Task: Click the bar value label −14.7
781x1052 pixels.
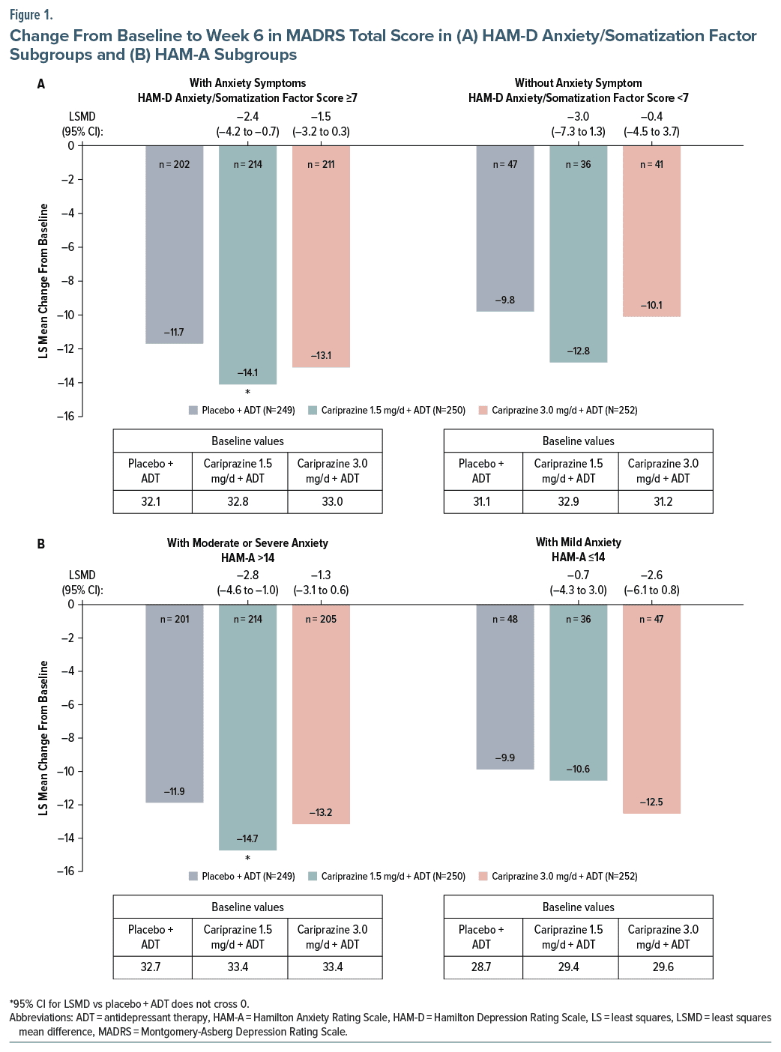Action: point(247,838)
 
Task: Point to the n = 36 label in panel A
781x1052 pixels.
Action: point(578,165)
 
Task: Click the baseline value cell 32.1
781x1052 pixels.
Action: point(151,501)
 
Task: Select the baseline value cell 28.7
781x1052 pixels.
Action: point(481,967)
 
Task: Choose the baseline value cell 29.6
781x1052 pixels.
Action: point(663,967)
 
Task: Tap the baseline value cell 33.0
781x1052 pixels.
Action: point(332,501)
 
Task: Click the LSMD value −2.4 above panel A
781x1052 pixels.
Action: point(247,117)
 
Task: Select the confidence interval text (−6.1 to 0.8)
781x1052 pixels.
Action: point(651,590)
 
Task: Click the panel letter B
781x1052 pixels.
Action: point(41,544)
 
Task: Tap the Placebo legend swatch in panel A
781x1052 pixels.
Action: point(193,410)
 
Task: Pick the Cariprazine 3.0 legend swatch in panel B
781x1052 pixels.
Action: point(483,876)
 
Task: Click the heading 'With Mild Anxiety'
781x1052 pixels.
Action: point(578,542)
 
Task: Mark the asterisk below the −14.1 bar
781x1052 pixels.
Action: point(247,393)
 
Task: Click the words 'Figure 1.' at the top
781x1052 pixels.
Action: point(31,15)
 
